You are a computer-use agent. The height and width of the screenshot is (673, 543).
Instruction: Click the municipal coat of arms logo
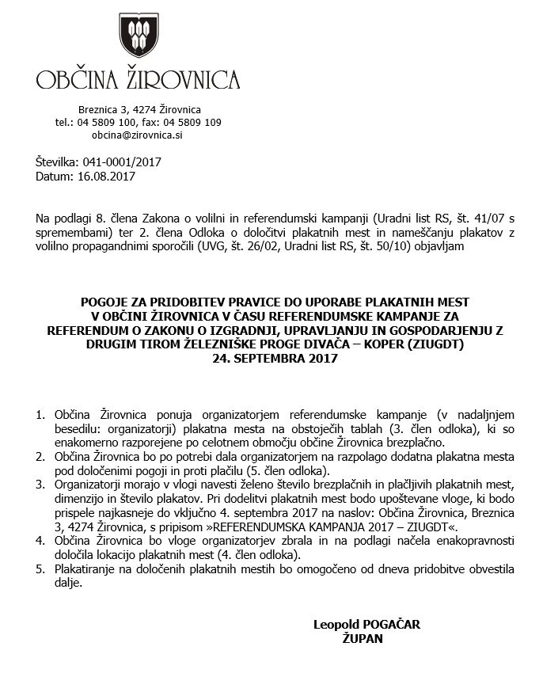pos(139,36)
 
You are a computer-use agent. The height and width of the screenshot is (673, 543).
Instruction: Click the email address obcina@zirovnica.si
pos(138,135)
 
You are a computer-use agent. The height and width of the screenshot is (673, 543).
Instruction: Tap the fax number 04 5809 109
pos(192,123)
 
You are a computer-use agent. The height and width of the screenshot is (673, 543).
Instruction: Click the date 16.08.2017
pos(108,176)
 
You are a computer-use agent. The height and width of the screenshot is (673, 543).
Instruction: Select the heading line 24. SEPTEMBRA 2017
pos(275,358)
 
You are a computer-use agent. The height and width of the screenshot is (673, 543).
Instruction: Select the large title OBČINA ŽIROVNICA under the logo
pos(139,80)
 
